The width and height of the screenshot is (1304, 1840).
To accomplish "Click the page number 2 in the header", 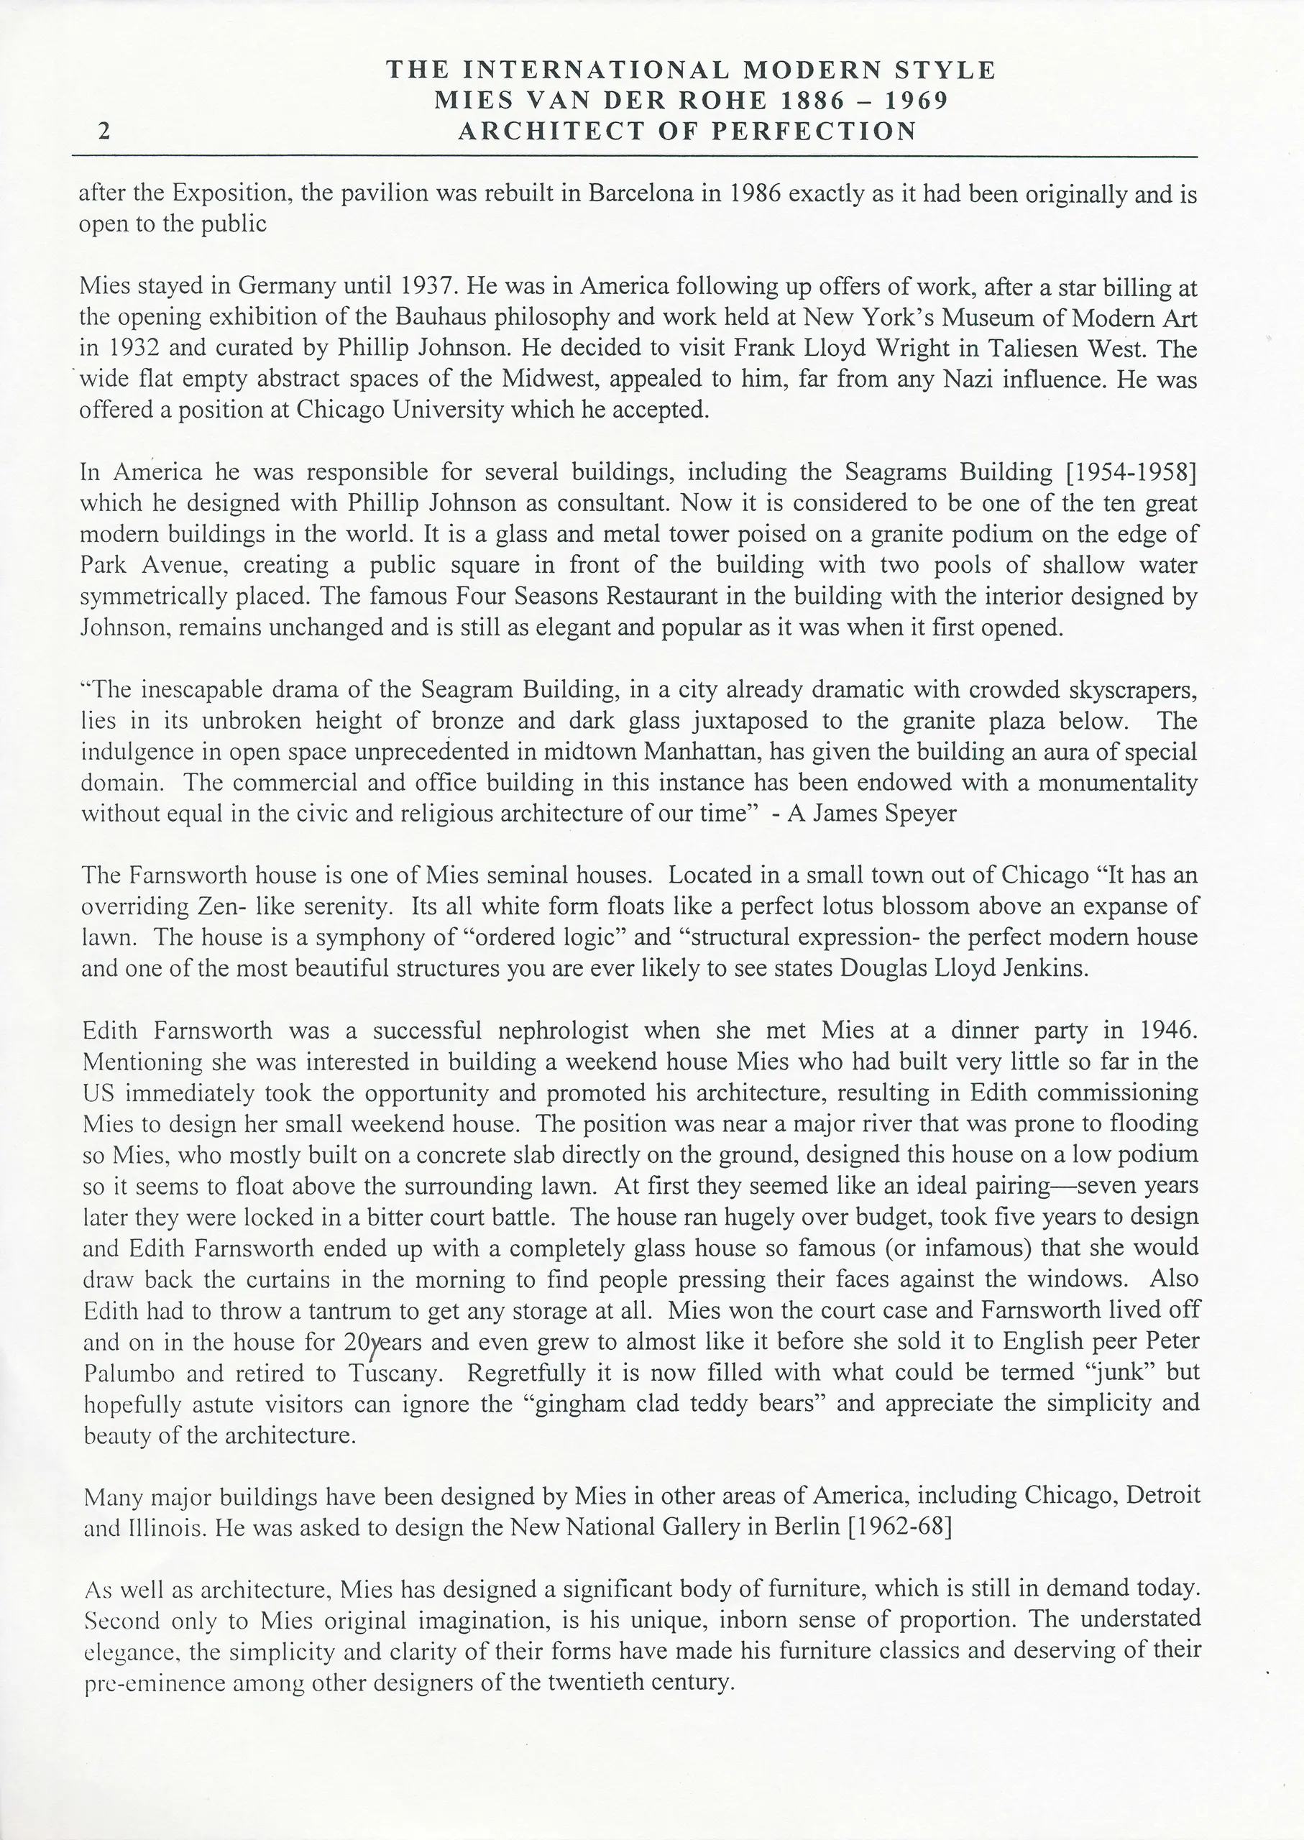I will (104, 132).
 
